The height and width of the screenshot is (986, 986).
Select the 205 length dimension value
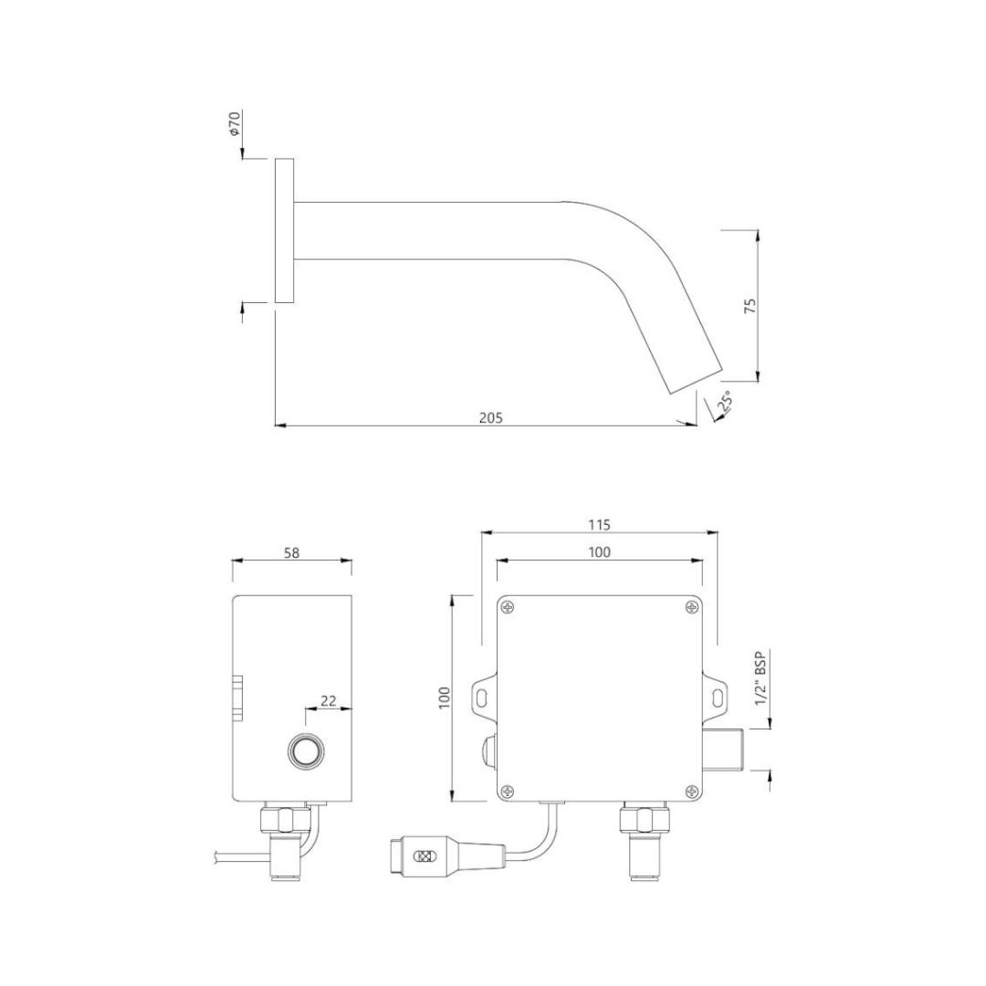point(491,417)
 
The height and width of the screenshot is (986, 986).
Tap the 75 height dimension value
point(750,306)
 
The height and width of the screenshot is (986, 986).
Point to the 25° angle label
point(726,402)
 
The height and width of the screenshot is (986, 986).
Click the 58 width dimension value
point(292,552)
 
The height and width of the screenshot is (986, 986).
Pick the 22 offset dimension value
point(329,700)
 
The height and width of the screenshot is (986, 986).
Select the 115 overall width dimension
point(599,524)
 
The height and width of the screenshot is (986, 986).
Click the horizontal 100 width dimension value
point(599,551)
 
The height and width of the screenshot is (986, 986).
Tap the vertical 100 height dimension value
point(445,698)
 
